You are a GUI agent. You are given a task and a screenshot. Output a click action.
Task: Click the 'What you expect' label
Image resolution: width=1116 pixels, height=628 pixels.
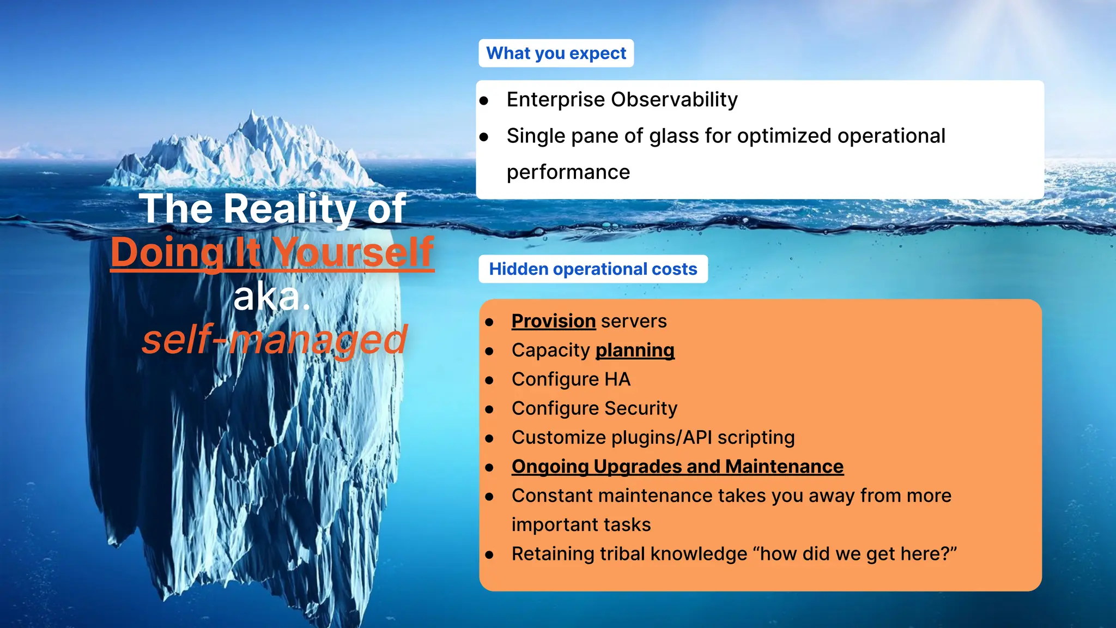click(x=556, y=53)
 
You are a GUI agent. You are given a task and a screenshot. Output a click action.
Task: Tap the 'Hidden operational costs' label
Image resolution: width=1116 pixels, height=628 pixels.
click(x=593, y=269)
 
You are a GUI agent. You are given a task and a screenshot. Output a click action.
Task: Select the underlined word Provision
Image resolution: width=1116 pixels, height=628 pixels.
click(x=553, y=321)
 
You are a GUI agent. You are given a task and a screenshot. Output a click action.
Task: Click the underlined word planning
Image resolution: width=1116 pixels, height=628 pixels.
click(x=635, y=351)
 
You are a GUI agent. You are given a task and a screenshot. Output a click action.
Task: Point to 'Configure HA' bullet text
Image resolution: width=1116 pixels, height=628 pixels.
click(x=571, y=379)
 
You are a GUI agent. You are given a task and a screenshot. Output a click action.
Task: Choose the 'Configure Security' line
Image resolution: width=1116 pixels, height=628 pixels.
click(x=594, y=408)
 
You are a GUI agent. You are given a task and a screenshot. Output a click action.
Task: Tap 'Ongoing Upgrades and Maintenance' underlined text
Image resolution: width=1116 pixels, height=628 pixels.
click(x=677, y=467)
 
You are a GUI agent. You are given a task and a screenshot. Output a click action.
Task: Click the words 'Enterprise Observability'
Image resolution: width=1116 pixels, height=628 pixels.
click(x=622, y=100)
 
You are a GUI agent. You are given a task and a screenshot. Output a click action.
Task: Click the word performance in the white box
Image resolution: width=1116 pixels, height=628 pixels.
click(x=568, y=172)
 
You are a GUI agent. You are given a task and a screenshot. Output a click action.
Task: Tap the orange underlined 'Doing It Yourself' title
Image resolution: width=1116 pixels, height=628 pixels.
click(x=272, y=253)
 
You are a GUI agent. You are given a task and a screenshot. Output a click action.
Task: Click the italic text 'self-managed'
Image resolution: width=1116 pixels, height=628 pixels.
click(x=274, y=340)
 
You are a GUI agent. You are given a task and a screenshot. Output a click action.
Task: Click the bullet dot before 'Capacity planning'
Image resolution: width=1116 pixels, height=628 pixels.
click(x=489, y=352)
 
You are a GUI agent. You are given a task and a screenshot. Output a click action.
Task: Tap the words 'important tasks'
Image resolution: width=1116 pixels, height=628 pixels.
click(x=581, y=525)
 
